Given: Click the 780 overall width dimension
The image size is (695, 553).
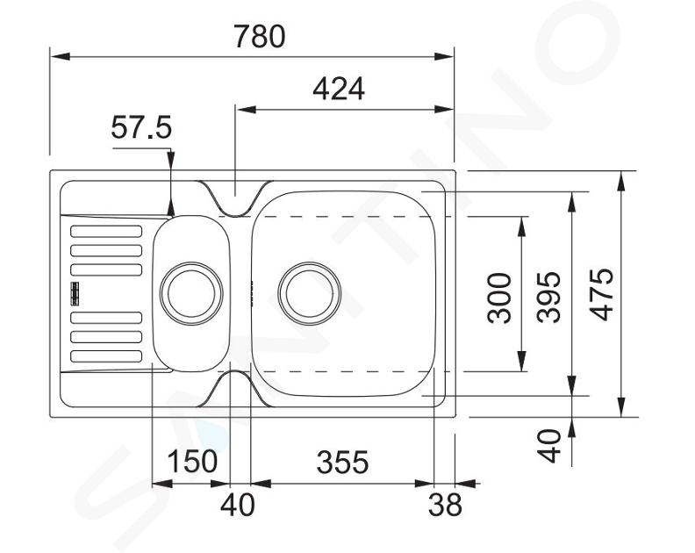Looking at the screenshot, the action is click(x=260, y=36).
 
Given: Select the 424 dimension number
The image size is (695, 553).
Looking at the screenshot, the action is click(x=339, y=90).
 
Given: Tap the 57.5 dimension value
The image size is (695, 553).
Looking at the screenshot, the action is click(x=141, y=127).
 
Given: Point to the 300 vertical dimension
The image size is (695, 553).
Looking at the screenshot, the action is click(x=499, y=298).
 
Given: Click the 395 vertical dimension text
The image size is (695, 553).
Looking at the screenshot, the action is click(x=548, y=297).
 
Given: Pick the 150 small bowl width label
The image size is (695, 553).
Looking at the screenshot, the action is click(x=192, y=461).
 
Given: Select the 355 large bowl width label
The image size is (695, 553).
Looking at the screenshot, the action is click(x=342, y=462).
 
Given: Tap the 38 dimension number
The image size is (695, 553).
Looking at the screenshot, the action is click(x=445, y=505).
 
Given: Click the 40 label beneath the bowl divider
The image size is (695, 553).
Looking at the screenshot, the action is click(x=238, y=505).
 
